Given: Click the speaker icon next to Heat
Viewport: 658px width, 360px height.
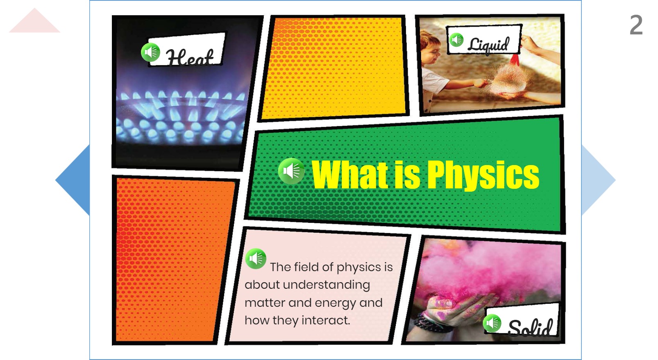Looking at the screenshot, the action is pyautogui.click(x=151, y=52).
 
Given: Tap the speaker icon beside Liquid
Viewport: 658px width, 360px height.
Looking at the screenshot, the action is pyautogui.click(x=456, y=40).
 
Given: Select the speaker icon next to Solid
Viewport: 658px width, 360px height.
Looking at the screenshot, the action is pyautogui.click(x=492, y=323).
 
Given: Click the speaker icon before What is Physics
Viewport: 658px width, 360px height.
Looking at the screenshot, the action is pyautogui.click(x=291, y=171).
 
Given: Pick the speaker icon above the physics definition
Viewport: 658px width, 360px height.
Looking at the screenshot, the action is pyautogui.click(x=256, y=259).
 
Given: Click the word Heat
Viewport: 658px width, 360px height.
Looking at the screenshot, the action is pyautogui.click(x=189, y=57).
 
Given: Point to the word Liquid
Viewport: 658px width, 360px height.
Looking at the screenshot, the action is pyautogui.click(x=488, y=45).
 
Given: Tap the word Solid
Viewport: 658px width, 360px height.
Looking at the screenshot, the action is pyautogui.click(x=530, y=327).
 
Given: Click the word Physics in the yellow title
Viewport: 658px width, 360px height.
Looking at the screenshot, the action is pyautogui.click(x=483, y=175).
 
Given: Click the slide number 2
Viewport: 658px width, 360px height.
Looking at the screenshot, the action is pyautogui.click(x=636, y=25).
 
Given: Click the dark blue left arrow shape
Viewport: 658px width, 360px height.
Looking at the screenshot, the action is pyautogui.click(x=73, y=180).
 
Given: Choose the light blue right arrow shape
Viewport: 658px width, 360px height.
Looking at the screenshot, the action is pyautogui.click(x=598, y=180).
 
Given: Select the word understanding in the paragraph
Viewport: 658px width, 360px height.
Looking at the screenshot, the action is pyautogui.click(x=327, y=285).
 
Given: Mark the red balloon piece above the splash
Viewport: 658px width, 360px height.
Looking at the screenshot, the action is pyautogui.click(x=514, y=60).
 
